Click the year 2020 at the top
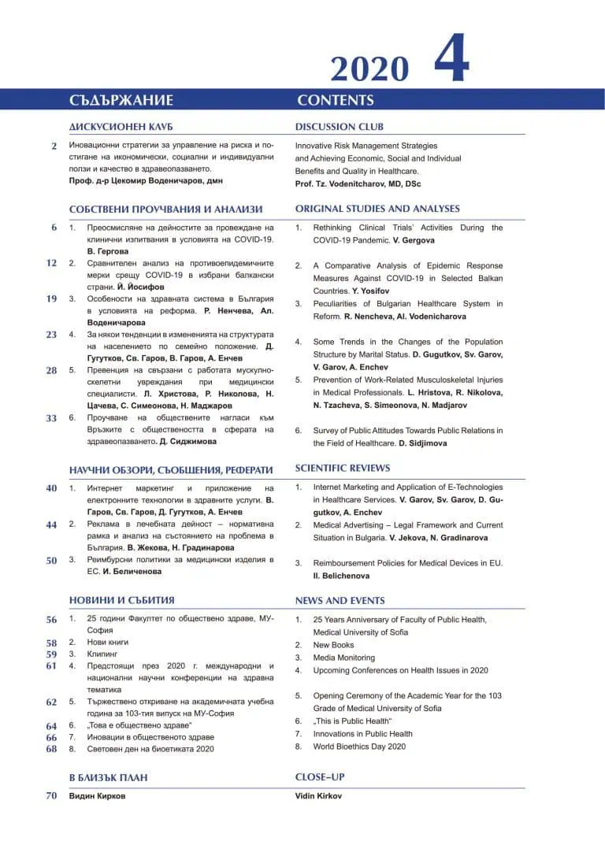click(369, 69)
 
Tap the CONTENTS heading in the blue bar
click(336, 100)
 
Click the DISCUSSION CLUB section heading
click(340, 127)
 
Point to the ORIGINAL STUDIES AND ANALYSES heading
click(377, 209)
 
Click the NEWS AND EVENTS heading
click(340, 600)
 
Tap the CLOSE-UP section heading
click(320, 777)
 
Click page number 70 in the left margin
click(51, 795)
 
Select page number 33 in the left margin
click(51, 418)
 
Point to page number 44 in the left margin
click(51, 524)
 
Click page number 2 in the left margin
click(54, 146)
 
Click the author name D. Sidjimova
click(422, 443)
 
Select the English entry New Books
click(333, 645)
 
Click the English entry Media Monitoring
click(343, 658)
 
